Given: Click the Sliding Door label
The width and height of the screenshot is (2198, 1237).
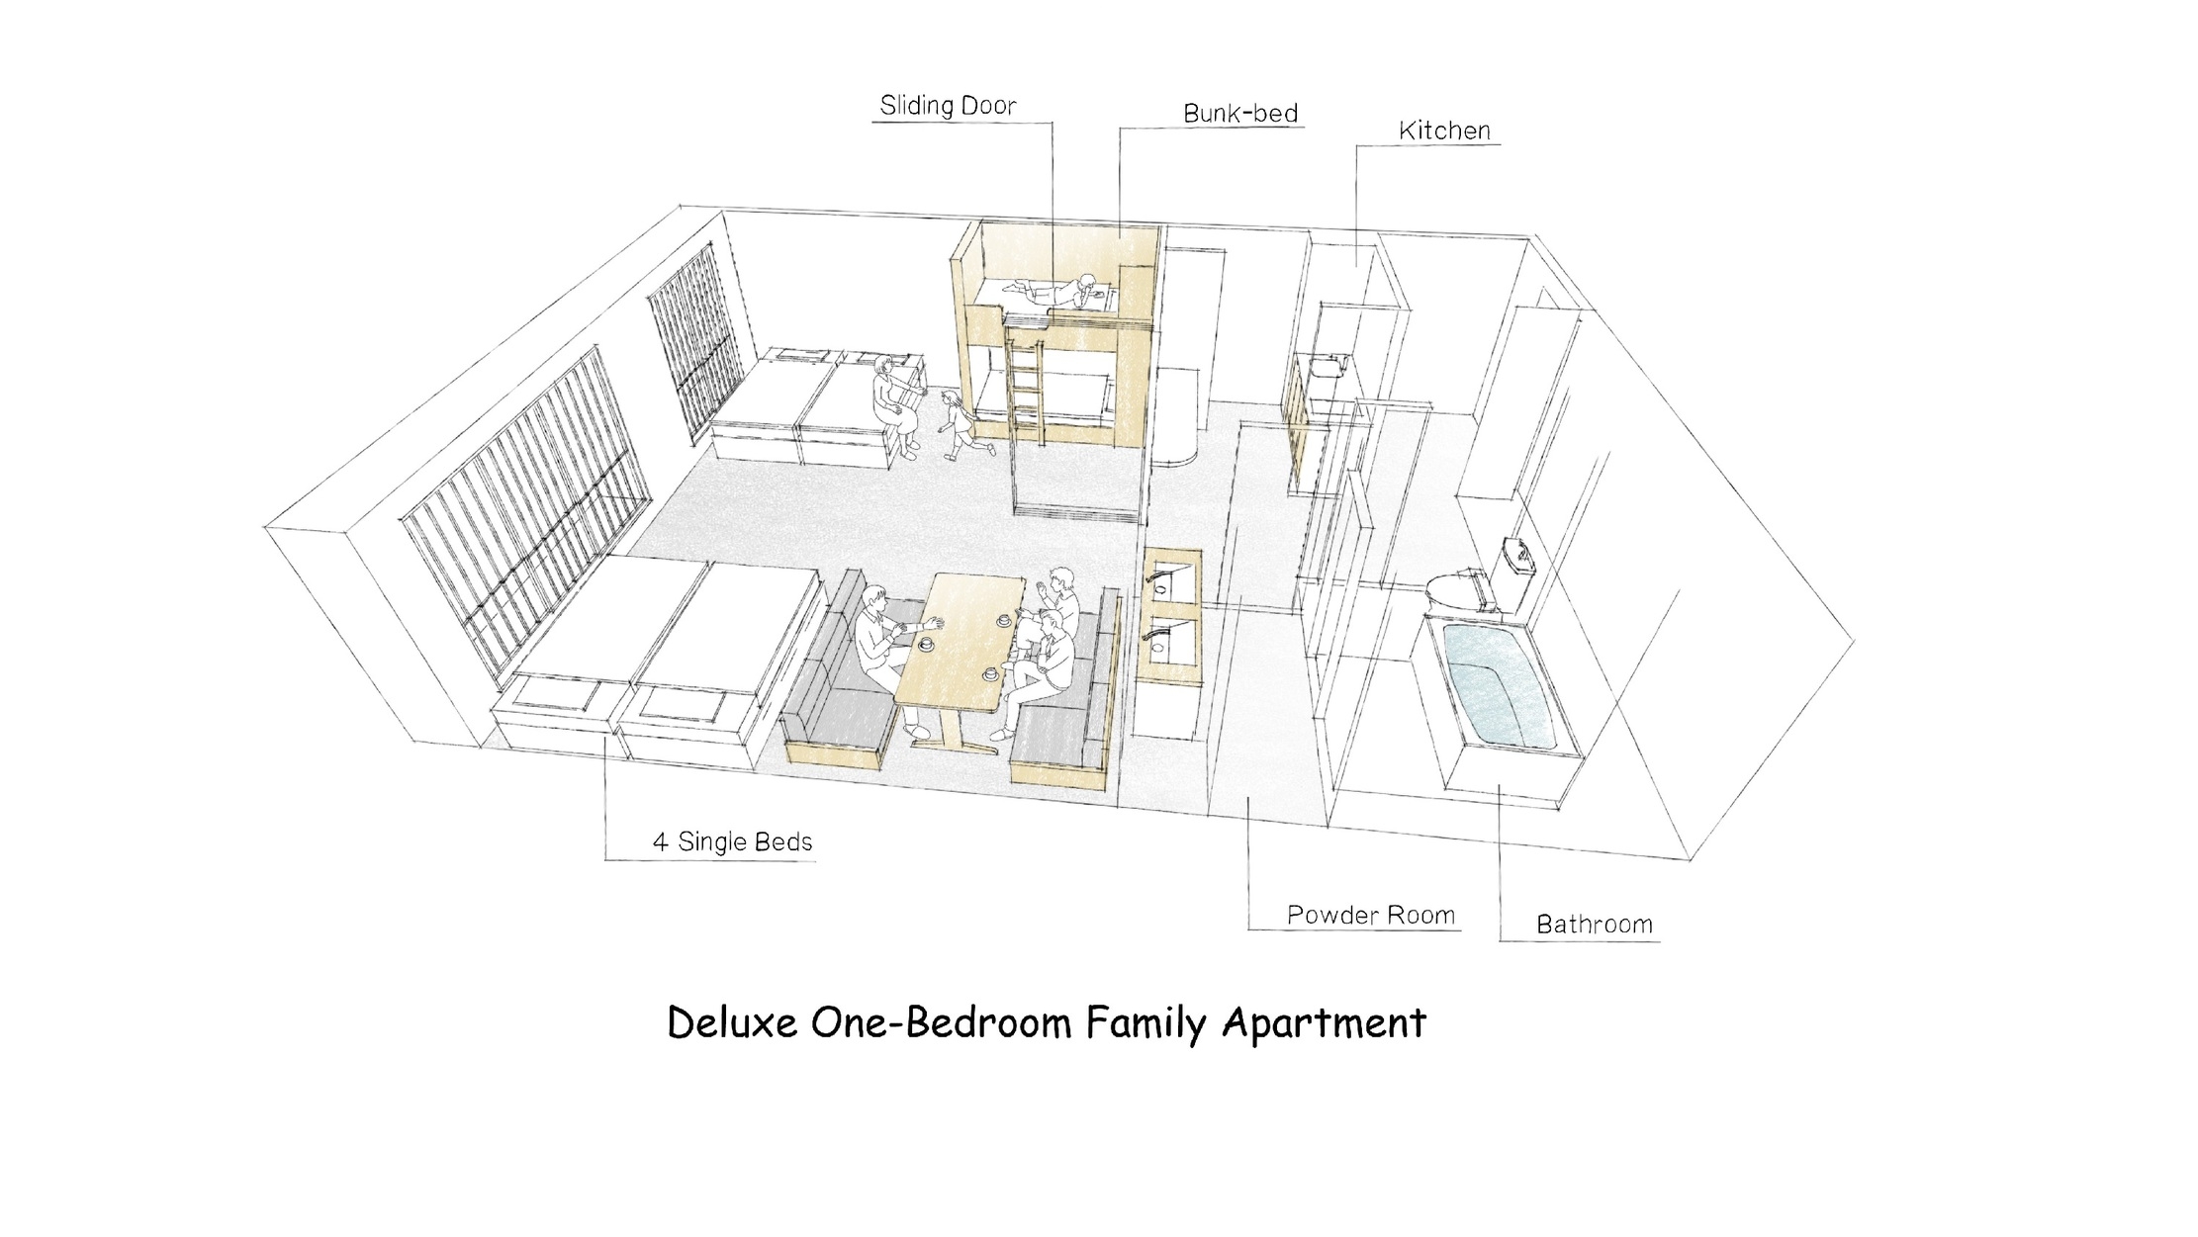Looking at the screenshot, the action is tap(948, 106).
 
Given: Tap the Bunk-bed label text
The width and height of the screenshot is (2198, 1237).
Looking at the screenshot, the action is tap(1240, 114).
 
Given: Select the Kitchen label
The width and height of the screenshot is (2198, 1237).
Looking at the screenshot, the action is tap(1444, 131).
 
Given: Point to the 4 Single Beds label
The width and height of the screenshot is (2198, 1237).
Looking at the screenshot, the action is tap(732, 842).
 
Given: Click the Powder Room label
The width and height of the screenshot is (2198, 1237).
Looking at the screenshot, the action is tap(1371, 916).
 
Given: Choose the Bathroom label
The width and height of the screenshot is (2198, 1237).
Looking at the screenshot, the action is tap(1595, 926).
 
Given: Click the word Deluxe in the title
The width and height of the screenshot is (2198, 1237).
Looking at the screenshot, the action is tap(732, 1022).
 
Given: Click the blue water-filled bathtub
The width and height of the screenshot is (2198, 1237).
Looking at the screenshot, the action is tap(1498, 686).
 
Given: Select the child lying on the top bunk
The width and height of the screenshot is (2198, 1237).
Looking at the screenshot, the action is tap(1053, 288).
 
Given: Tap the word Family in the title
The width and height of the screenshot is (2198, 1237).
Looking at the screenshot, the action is tap(1145, 1024).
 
